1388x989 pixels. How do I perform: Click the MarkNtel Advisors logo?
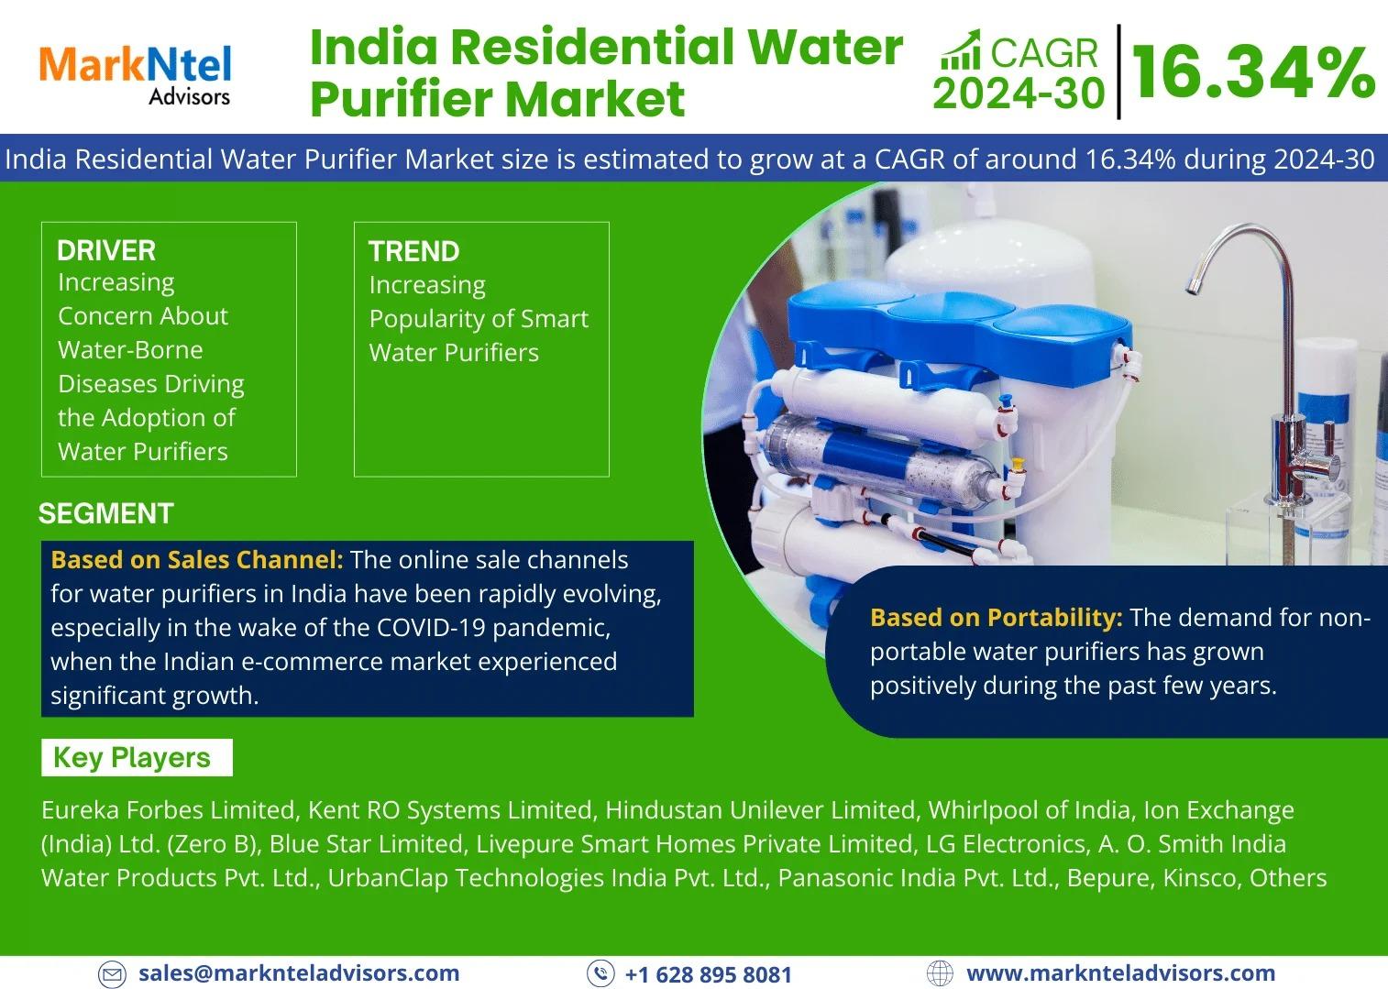135,75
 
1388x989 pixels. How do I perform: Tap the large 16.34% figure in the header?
1252,73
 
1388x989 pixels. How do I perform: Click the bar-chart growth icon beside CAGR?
961,50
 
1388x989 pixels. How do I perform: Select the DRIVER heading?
106,250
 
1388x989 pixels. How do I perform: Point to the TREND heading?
413,251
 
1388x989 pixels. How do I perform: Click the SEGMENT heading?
106,513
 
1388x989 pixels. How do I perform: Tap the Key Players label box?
137,757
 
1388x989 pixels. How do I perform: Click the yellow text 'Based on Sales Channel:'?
197,559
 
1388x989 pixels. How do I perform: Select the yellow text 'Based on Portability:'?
997,617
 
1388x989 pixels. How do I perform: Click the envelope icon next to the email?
112,973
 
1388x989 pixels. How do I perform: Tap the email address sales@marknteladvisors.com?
299,973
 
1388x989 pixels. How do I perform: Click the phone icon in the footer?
600,973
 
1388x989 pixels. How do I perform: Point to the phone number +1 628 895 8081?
709,974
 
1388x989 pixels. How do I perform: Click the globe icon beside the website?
940,973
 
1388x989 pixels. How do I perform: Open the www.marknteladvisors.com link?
1120,973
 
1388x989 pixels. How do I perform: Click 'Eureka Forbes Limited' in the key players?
168,810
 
